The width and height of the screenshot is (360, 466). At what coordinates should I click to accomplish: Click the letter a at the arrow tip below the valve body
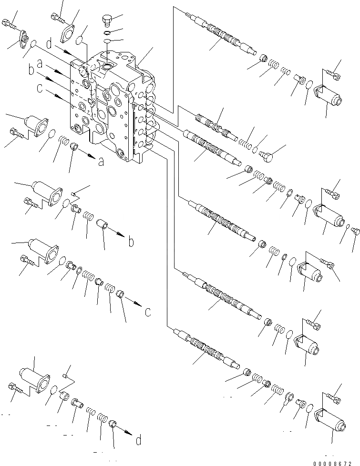101,162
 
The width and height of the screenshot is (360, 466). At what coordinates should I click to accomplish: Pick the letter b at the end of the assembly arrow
130,242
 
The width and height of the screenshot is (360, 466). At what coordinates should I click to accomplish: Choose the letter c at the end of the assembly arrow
148,312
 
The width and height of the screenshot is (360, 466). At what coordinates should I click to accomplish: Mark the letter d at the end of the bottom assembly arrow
138,440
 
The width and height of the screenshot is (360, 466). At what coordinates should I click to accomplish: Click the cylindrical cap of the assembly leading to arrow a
37,123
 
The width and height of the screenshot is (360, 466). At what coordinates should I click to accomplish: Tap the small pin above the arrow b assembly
74,193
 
